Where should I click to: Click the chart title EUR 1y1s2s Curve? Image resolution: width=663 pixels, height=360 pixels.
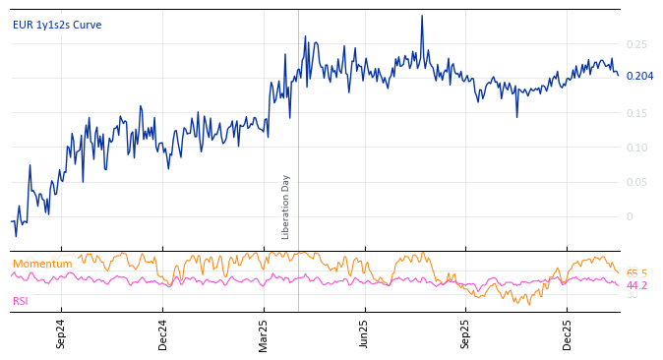click(x=57, y=25)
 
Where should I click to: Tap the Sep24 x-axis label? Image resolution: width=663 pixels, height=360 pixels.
click(x=61, y=334)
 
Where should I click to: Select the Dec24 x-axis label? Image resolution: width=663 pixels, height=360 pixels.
click(x=163, y=334)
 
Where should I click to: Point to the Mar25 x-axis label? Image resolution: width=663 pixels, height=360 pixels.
click(x=264, y=334)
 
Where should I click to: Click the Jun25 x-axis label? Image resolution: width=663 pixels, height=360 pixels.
click(x=364, y=334)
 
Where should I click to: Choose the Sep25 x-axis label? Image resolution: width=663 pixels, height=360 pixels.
click(x=466, y=334)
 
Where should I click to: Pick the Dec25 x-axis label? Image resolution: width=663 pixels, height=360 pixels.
click(x=568, y=334)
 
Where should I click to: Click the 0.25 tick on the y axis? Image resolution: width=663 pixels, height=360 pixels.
click(x=636, y=44)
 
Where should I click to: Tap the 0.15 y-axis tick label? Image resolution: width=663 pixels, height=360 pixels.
click(x=636, y=113)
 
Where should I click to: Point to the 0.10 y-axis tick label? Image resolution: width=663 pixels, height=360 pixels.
click(x=636, y=148)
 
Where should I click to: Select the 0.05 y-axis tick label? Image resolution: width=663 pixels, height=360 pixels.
click(x=636, y=182)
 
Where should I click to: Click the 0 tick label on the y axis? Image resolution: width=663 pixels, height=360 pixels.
click(x=630, y=216)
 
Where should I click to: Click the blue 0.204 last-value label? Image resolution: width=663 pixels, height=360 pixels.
click(x=639, y=76)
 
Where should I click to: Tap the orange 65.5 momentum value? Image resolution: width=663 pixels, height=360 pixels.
click(x=636, y=273)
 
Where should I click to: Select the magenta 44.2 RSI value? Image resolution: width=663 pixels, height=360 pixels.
click(x=636, y=285)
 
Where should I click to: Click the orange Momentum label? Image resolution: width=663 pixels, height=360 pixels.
click(x=42, y=264)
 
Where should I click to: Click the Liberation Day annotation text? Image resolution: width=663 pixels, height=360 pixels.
click(x=286, y=207)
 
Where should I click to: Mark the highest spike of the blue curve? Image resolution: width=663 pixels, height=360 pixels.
click(x=422, y=16)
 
